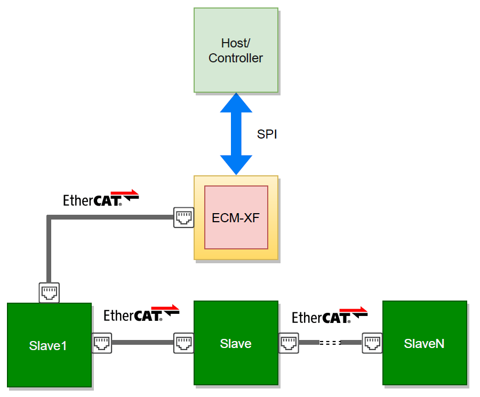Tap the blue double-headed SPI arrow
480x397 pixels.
[x=236, y=133]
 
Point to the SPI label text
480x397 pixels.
[x=267, y=134]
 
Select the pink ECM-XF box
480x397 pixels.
[x=236, y=217]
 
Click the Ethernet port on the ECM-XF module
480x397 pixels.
[x=183, y=217]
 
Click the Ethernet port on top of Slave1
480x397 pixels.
[x=49, y=293]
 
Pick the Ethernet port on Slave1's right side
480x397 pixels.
[x=102, y=343]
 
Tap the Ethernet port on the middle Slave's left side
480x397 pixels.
[x=183, y=343]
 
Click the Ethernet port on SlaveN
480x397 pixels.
[x=372, y=343]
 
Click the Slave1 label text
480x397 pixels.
[x=48, y=345]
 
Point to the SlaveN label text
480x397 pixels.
[x=424, y=344]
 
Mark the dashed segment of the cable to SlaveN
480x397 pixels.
[x=330, y=343]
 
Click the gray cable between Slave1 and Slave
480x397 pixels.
[x=142, y=343]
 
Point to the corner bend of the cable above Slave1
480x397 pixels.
[x=49, y=217]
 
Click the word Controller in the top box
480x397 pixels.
[x=236, y=58]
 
